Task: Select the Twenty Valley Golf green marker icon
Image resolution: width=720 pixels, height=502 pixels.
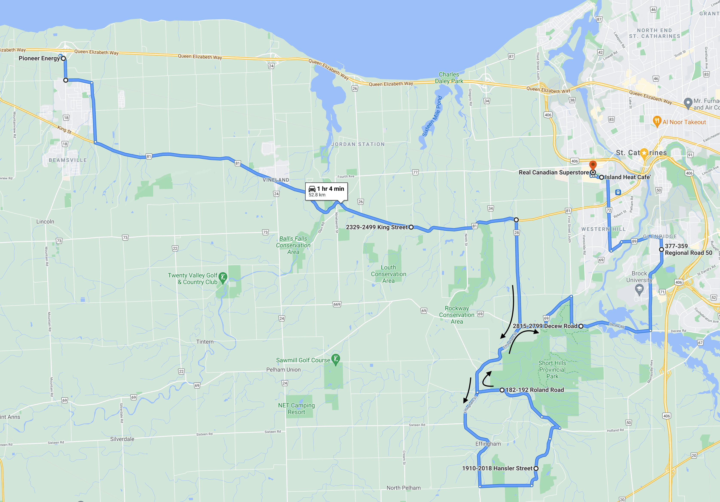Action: [223, 277]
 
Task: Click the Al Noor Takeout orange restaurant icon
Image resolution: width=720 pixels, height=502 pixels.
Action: [657, 121]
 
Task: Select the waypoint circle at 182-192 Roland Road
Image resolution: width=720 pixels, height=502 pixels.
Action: [502, 390]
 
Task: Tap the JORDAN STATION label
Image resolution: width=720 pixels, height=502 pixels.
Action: [358, 144]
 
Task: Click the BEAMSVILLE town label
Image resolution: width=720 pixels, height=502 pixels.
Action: [68, 160]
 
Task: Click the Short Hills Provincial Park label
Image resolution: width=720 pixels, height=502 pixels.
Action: [552, 370]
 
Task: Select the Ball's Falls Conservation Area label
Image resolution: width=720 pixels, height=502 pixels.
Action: [293, 245]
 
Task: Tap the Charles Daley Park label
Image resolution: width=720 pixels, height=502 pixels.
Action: [449, 78]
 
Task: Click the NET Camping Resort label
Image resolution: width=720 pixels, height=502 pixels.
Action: [296, 409]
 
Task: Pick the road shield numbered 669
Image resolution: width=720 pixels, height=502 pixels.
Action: [337, 304]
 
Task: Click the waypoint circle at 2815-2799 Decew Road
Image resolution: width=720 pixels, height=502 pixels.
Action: [581, 326]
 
